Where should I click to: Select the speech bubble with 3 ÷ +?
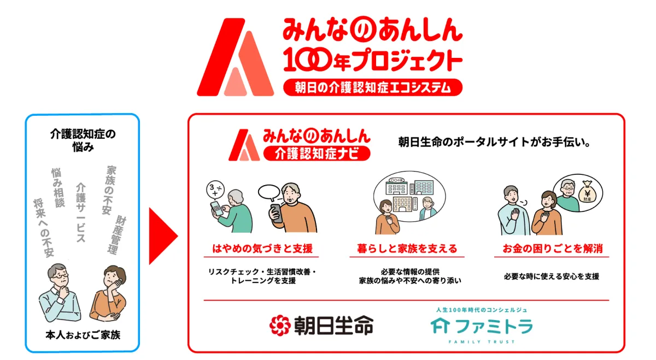point(215,190)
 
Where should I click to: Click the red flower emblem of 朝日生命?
point(280,325)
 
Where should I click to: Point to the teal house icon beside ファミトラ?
point(440,326)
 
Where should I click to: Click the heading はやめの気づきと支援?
point(262,249)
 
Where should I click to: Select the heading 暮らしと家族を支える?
point(407,249)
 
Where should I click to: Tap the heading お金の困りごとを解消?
point(553,249)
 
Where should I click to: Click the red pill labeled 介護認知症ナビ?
point(317,154)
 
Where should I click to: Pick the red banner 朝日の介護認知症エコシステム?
point(373,87)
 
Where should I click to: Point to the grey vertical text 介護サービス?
point(81,213)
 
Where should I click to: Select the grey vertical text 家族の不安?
point(109,190)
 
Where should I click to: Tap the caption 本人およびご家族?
point(83,335)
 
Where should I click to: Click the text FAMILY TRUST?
point(482,341)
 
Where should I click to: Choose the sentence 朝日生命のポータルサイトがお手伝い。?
point(494,142)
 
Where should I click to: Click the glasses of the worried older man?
point(61,275)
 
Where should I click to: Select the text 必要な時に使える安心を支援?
point(552,276)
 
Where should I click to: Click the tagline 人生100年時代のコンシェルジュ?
point(482,310)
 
